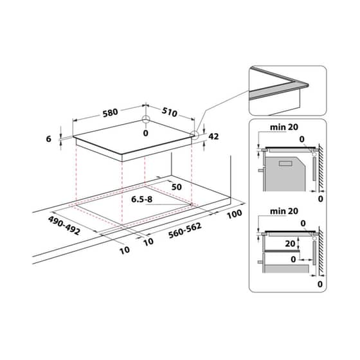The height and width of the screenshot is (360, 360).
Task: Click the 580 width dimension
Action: click(x=110, y=113)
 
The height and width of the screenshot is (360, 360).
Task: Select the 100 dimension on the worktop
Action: click(x=233, y=213)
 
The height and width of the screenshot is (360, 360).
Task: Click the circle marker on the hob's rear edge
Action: click(x=146, y=120)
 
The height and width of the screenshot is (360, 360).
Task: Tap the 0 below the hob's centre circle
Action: click(x=146, y=132)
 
